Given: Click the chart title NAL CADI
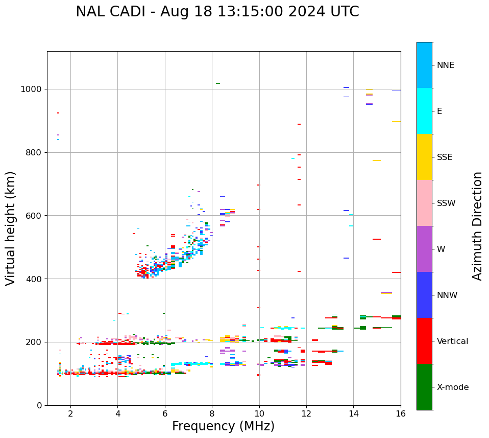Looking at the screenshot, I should (x=217, y=12).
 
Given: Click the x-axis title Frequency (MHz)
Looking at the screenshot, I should (x=223, y=426).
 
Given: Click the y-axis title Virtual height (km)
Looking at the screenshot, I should (x=11, y=228).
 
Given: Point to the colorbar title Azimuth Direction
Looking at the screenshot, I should (x=477, y=226).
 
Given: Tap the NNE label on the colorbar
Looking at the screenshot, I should (x=445, y=65).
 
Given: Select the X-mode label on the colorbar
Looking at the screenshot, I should (x=452, y=387).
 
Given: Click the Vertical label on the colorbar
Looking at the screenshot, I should (x=452, y=341).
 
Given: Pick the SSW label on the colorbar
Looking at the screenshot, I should (x=446, y=203).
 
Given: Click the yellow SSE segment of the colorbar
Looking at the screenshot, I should (x=424, y=157).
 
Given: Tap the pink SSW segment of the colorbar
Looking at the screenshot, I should (x=424, y=203).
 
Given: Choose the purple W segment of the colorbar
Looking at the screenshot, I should (x=424, y=249).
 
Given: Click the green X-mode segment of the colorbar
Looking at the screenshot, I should (x=424, y=387).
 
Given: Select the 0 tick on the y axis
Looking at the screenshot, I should (x=40, y=405).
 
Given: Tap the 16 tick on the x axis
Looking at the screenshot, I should (x=401, y=413).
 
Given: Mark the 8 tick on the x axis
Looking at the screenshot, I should (x=212, y=413).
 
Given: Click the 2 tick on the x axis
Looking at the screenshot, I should (x=70, y=413).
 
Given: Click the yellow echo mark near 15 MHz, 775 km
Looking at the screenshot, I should (x=377, y=160).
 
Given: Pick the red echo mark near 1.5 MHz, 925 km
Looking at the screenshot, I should (x=58, y=113).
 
